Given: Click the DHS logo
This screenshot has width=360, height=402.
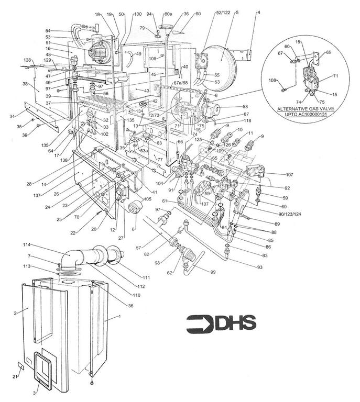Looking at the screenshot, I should (221, 323).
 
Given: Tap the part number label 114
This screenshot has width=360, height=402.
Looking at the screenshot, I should (27, 244).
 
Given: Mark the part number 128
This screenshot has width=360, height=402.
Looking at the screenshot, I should (27, 61).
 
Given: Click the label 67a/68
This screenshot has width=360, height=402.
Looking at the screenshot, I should (180, 83).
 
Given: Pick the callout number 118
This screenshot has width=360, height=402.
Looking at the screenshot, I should (247, 121).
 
